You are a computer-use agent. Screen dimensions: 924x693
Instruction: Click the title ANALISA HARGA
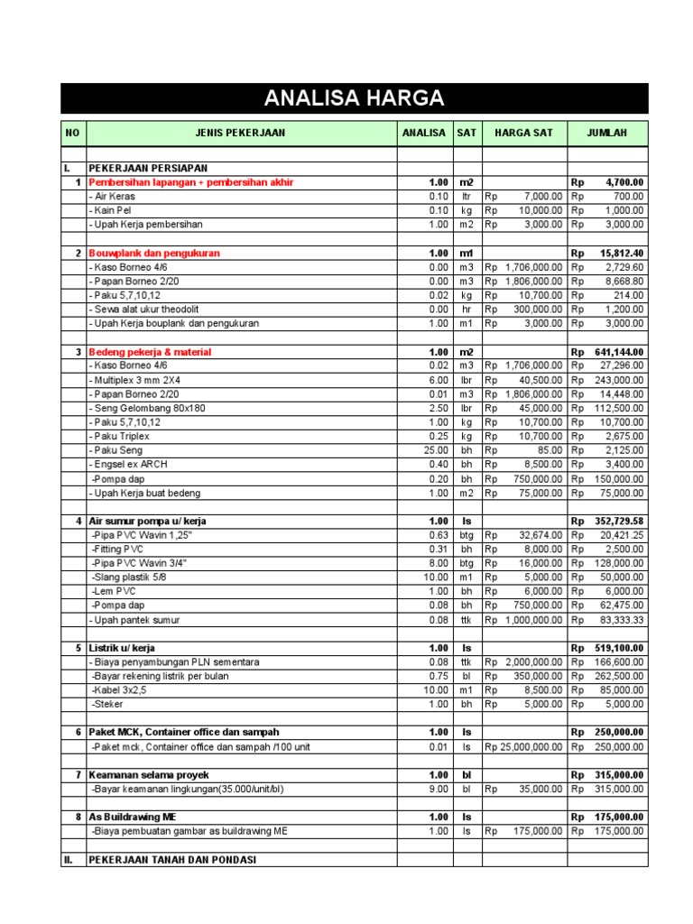[354, 98]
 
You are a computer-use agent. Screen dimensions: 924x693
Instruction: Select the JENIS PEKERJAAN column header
[240, 133]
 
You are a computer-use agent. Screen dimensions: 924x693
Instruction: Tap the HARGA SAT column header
[523, 133]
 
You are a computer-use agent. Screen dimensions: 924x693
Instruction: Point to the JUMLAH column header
[606, 133]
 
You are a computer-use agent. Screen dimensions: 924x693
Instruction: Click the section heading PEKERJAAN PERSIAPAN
[148, 168]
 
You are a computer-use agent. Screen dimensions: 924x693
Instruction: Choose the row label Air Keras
[112, 196]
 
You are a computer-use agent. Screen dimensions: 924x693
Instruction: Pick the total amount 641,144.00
[619, 352]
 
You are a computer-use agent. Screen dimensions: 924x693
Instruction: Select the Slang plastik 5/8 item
[128, 577]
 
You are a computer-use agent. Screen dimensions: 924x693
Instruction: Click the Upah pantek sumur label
[134, 620]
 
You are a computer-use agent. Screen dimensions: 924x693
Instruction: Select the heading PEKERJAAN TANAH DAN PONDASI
[172, 860]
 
